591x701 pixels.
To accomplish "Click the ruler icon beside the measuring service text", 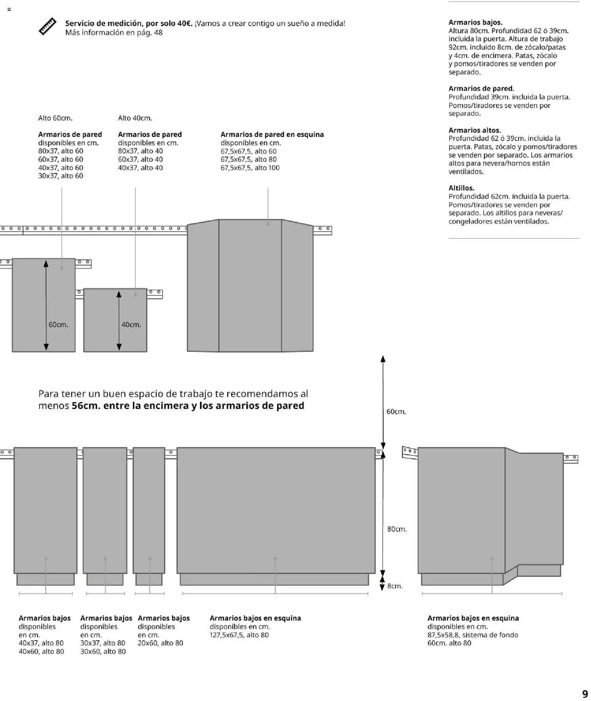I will coord(48,27).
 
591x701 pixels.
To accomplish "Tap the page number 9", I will coord(585,693).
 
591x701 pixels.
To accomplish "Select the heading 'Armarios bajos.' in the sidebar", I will coord(475,22).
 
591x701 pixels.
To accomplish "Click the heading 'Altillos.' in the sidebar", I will coord(461,188).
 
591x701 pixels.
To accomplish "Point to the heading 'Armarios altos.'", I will coord(475,130).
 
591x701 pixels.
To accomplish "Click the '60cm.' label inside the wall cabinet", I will coord(58,325).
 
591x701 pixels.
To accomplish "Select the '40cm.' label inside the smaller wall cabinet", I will coord(131,325).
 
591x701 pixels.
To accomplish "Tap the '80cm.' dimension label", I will coord(397,529).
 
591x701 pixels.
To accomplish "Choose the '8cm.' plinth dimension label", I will coord(395,586).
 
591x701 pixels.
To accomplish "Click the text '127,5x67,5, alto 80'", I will coord(239,635).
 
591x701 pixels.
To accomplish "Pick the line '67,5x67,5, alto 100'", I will coord(250,168).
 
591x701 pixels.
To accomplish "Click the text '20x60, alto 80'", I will coord(160,643).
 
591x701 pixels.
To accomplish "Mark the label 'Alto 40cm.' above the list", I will coord(135,118).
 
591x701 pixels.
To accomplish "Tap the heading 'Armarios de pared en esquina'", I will coord(272,135).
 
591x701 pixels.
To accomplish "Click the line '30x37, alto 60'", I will coord(61,176).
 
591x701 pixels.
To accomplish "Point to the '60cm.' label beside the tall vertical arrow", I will coord(396,412).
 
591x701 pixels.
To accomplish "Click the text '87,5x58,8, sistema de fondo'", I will coord(472,635).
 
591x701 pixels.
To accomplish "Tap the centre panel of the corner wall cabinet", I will coord(250,286).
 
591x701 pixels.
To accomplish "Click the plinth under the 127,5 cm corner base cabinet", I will coord(274,579).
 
